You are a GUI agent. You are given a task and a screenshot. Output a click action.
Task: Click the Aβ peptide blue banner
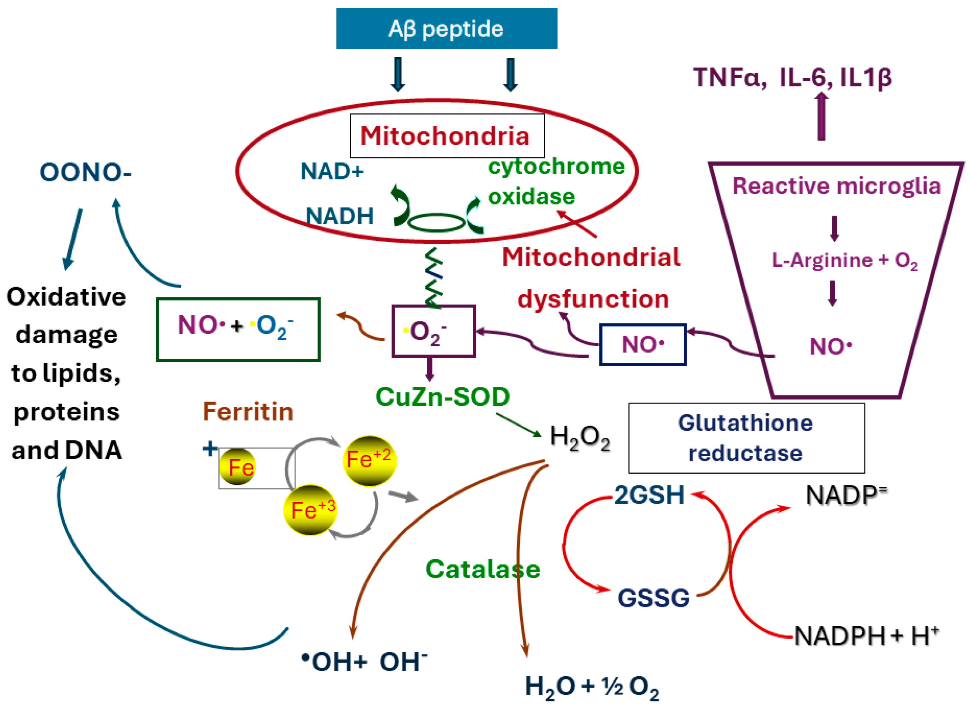tap(446, 28)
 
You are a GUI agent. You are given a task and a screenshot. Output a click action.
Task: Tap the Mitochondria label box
tap(447, 135)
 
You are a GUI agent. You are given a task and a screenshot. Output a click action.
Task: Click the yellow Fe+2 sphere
tap(369, 460)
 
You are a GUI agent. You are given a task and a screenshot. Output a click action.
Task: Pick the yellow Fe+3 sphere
tap(310, 511)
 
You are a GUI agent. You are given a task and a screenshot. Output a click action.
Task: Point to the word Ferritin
tap(248, 412)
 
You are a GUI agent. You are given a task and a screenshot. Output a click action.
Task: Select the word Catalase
tap(483, 569)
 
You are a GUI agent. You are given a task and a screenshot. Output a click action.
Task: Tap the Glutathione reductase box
tap(746, 438)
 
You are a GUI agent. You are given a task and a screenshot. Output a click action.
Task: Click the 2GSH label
tap(649, 495)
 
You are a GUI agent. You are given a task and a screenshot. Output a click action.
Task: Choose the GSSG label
tap(653, 598)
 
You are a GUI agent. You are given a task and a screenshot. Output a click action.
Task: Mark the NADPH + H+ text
tap(866, 636)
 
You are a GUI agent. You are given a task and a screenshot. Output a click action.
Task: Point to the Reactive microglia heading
tap(836, 186)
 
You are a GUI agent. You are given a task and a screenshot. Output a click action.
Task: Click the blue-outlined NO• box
tap(642, 345)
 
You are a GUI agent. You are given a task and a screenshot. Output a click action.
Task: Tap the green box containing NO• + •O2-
tap(238, 329)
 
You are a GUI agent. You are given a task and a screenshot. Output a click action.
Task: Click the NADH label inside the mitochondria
tap(339, 216)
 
